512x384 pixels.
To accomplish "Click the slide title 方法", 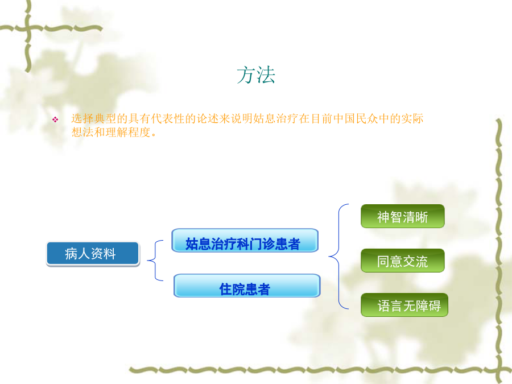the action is (256, 75).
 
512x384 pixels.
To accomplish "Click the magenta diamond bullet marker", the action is (55, 120).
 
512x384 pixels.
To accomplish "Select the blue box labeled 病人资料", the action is (93, 253).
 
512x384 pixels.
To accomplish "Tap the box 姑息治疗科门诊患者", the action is (245, 240).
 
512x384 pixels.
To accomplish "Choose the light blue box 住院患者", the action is (247, 286).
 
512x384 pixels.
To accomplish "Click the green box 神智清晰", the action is (403, 216).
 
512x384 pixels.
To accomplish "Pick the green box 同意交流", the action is (403, 261).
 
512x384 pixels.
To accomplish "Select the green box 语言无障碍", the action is (404, 305).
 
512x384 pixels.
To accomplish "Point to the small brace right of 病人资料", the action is (155, 260).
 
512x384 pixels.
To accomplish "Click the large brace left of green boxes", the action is (338, 257).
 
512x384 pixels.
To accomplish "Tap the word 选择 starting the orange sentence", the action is (82, 118).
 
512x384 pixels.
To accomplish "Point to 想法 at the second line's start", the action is (82, 132).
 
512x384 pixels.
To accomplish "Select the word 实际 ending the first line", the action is (412, 118).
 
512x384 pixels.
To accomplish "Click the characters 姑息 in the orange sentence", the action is (265, 118).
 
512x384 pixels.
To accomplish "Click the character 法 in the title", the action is (266, 75).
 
